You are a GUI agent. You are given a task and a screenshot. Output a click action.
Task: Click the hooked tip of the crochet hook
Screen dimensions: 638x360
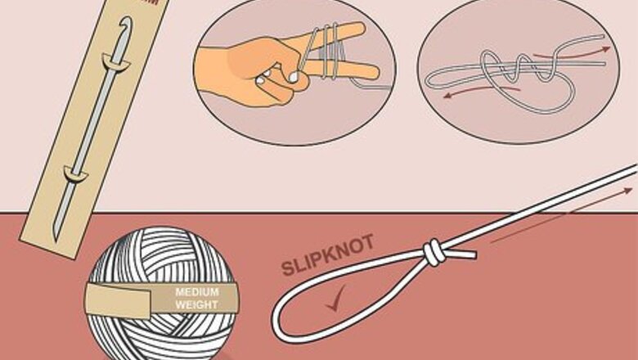click(127, 22)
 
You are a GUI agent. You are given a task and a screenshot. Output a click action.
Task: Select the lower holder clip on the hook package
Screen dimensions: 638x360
click(75, 174)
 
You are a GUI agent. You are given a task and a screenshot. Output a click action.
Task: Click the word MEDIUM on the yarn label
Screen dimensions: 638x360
click(197, 291)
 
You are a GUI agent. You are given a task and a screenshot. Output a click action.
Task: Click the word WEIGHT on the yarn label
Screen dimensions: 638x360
click(196, 304)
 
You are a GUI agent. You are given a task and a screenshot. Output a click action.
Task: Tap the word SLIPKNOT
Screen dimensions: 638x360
click(327, 255)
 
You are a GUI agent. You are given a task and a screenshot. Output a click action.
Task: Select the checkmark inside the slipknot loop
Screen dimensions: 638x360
click(335, 299)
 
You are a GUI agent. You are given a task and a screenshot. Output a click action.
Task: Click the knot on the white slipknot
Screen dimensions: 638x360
click(434, 252)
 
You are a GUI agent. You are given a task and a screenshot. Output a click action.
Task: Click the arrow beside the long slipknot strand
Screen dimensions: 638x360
click(561, 215)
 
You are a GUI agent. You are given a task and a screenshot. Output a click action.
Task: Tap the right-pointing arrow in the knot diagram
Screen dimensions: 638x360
click(572, 52)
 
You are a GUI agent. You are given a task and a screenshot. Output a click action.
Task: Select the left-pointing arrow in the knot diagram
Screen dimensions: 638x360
click(480, 92)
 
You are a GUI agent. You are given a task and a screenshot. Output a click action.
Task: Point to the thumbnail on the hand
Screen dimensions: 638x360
click(294, 76)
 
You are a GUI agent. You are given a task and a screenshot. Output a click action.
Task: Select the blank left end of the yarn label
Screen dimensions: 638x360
click(118, 301)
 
